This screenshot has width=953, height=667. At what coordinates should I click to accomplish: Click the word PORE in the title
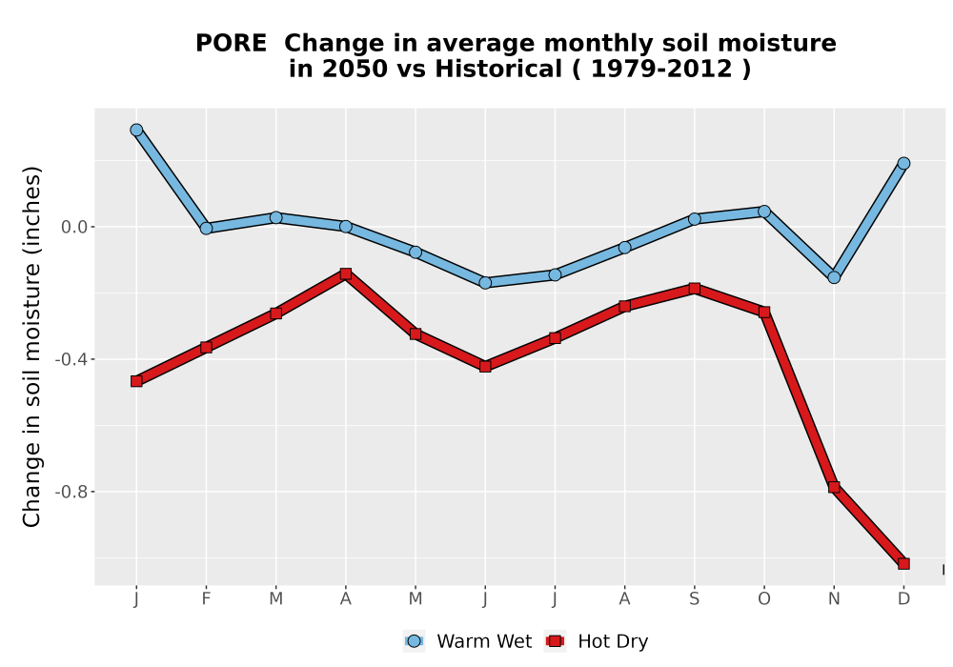click(231, 44)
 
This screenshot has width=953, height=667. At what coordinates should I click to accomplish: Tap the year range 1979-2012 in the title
click(661, 70)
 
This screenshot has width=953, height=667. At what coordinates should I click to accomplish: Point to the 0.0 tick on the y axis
click(74, 227)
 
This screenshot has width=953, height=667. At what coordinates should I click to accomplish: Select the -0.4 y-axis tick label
click(71, 359)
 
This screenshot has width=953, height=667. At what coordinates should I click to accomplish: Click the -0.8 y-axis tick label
click(71, 492)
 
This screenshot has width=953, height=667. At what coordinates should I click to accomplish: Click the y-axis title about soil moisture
click(31, 347)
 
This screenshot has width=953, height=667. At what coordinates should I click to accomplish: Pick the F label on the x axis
click(206, 599)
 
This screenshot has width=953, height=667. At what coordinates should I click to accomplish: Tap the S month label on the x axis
click(694, 599)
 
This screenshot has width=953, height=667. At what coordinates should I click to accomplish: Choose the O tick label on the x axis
click(764, 599)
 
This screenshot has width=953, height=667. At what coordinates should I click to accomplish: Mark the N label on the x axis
click(834, 599)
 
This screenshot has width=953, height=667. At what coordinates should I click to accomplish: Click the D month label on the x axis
click(903, 599)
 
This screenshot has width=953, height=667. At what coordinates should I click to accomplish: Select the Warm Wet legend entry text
click(484, 641)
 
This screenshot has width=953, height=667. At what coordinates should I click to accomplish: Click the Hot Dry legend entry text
click(613, 641)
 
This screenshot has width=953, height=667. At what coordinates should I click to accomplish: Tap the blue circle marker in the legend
click(414, 641)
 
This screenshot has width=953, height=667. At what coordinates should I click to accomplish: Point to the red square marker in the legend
click(555, 641)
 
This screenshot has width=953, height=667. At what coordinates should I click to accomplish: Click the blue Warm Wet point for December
click(903, 163)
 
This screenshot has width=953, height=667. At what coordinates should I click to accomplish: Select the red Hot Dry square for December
click(903, 564)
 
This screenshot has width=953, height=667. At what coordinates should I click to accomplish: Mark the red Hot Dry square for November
click(834, 487)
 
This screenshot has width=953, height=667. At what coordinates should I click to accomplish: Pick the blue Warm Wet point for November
click(834, 277)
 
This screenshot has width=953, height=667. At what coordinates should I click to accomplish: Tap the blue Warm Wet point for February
click(206, 229)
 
